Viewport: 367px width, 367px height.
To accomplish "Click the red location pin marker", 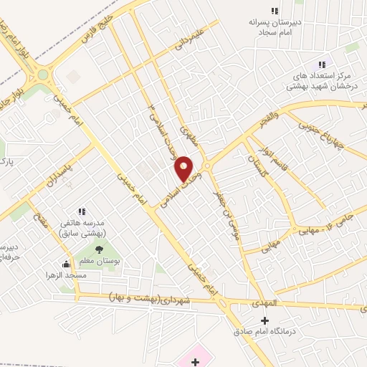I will click(183, 168).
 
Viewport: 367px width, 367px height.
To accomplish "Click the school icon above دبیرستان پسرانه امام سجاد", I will click(273, 10).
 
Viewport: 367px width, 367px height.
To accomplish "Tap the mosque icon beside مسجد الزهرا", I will click(67, 264).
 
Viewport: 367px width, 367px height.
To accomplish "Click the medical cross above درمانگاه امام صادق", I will click(265, 320).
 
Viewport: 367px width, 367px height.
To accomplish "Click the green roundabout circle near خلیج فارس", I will click(43, 74).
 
